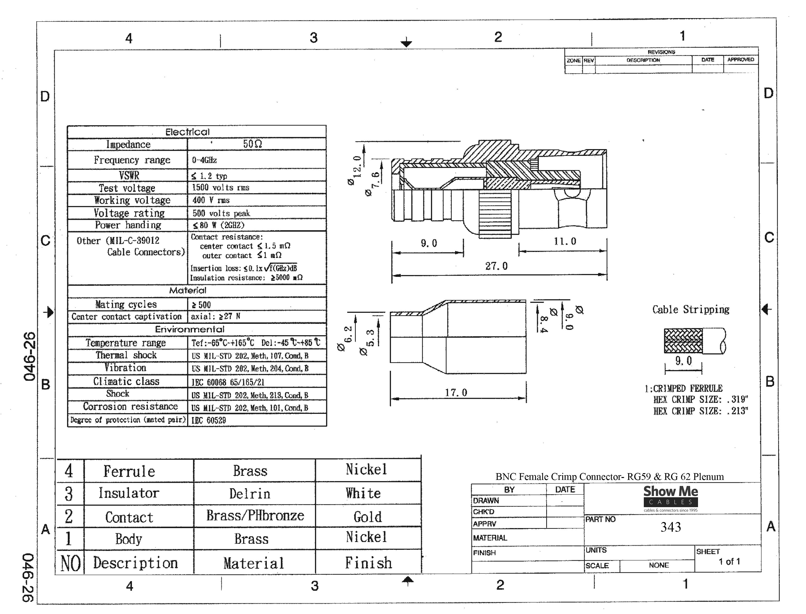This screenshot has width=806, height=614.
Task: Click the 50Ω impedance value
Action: click(253, 144)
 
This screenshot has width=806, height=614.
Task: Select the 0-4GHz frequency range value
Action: click(204, 160)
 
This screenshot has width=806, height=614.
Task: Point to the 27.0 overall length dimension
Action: click(496, 266)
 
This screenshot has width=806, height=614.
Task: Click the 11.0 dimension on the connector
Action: click(565, 241)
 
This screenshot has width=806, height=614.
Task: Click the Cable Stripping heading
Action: click(691, 310)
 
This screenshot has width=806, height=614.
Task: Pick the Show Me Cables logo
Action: click(670, 498)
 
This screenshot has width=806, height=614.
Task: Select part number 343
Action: click(670, 527)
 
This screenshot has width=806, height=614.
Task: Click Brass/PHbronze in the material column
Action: click(255, 515)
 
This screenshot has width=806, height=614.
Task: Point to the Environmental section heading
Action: click(189, 329)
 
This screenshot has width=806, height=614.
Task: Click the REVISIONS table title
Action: click(661, 52)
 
